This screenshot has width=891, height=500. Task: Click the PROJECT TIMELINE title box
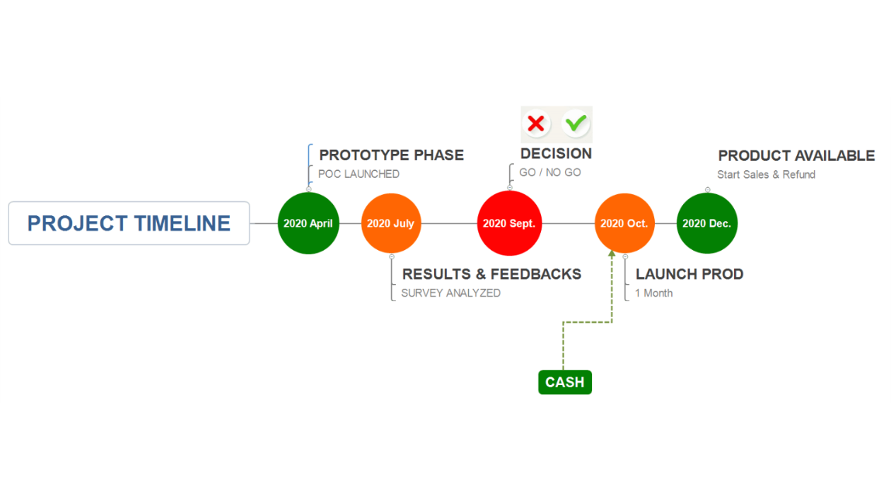[129, 223]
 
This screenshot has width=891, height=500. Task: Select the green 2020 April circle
[308, 223]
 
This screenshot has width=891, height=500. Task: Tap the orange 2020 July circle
[391, 223]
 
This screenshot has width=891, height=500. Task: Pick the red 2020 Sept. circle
[510, 223]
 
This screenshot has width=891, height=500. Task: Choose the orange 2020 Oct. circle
[624, 223]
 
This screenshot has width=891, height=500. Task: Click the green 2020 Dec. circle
[707, 223]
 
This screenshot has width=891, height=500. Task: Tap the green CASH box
[565, 382]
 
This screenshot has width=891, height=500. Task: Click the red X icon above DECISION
[536, 124]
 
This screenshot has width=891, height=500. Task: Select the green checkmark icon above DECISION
[576, 123]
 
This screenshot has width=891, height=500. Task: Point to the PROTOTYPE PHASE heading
[392, 155]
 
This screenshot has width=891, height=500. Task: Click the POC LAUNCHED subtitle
[359, 174]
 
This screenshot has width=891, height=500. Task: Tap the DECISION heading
[556, 154]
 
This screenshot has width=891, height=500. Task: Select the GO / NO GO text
[550, 172]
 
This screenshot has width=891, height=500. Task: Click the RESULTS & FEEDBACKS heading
[491, 274]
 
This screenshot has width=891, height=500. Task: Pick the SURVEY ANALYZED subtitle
[450, 293]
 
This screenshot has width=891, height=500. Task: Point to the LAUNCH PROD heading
[689, 274]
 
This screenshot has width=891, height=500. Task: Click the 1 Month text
[654, 293]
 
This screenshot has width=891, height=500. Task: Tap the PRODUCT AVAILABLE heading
[796, 155]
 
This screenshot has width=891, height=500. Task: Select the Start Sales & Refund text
[766, 174]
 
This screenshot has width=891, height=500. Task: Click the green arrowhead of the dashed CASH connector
[612, 254]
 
